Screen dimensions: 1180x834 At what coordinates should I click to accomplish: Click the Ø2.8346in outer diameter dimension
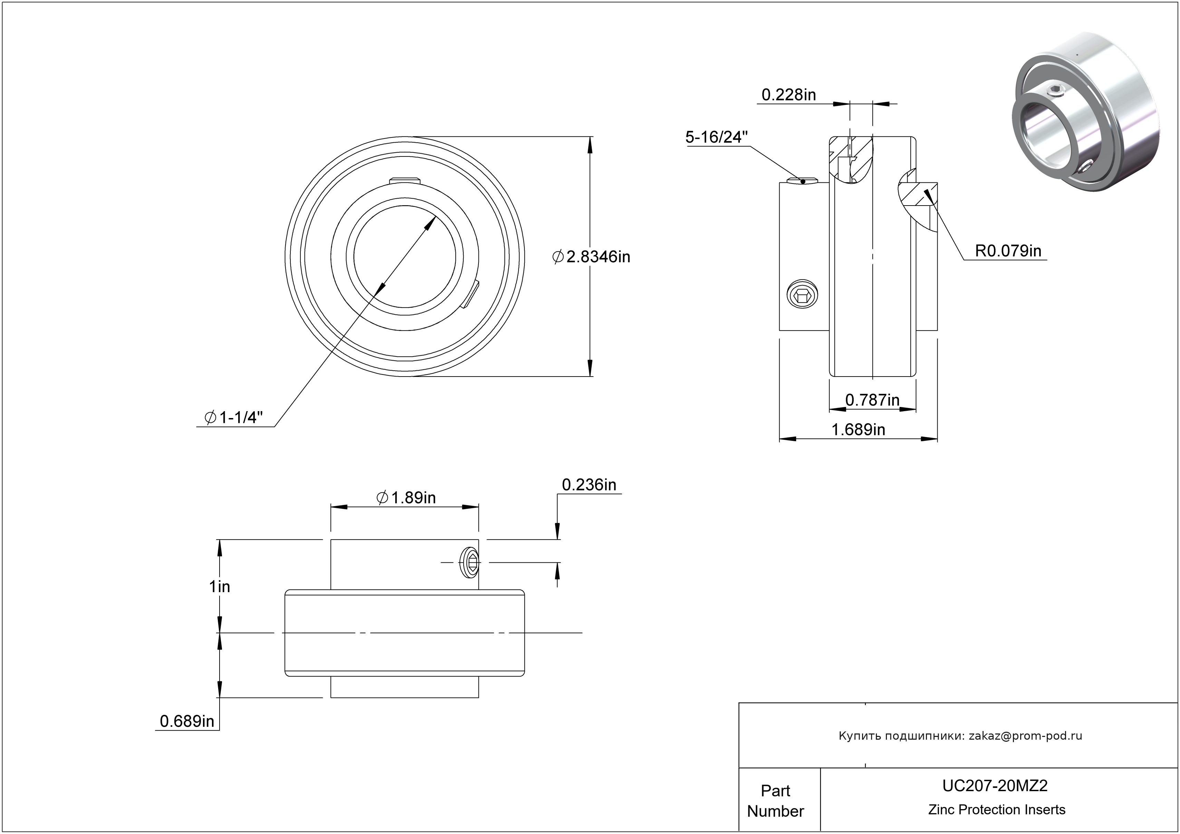click(591, 257)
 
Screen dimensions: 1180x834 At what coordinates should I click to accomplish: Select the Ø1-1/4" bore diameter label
click(234, 417)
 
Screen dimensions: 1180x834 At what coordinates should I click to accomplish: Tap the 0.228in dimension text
click(789, 95)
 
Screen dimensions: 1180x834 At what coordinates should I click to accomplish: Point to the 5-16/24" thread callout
click(716, 137)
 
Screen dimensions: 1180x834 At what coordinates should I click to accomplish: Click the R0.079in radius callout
click(1008, 251)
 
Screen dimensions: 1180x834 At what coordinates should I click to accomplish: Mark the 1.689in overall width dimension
click(858, 429)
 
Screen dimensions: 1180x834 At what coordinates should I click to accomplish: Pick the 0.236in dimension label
click(589, 485)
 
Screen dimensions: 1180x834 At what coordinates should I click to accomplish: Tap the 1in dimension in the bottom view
click(220, 586)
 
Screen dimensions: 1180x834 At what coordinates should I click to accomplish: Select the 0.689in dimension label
click(187, 721)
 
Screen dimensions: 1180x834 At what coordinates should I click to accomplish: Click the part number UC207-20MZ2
click(995, 785)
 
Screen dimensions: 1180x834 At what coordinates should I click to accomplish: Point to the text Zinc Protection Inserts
click(997, 809)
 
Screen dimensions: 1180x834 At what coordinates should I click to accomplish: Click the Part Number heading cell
click(775, 800)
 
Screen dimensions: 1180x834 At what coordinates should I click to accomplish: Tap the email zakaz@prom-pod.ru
click(1025, 735)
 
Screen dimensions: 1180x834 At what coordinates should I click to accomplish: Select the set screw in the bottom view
click(470, 563)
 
